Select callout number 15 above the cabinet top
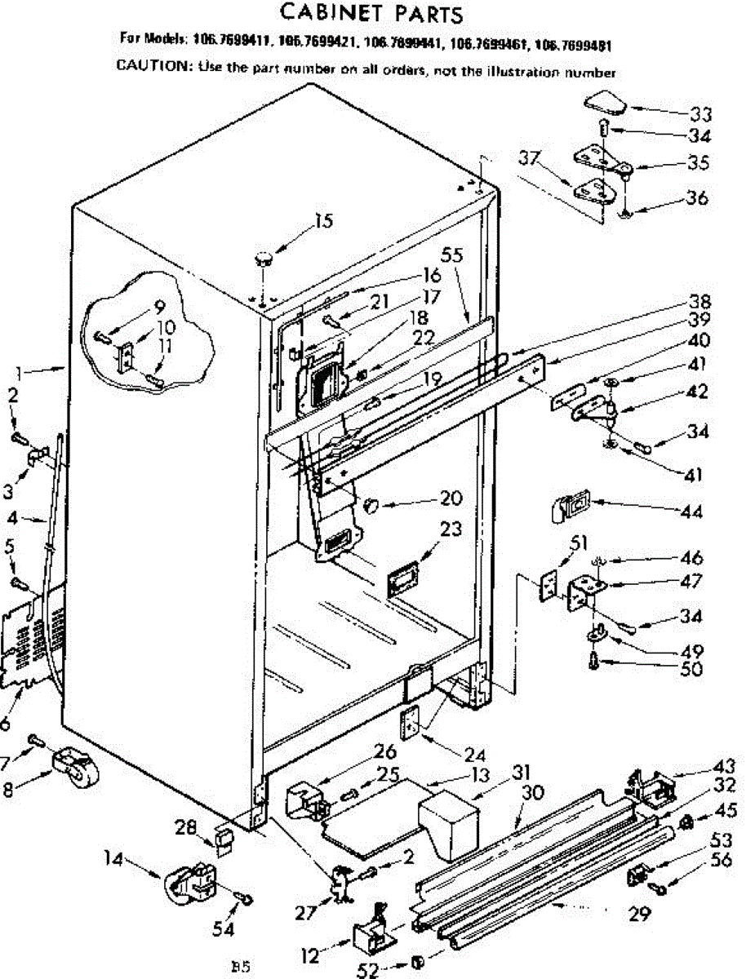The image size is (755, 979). tap(323, 220)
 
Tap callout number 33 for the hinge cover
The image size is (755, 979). tap(700, 113)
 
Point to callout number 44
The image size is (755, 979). tap(692, 512)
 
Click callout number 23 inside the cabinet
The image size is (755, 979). tap(451, 529)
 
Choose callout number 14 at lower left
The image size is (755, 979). tap(116, 857)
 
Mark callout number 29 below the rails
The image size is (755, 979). tap(640, 914)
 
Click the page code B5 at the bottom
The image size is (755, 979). tap(240, 968)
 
